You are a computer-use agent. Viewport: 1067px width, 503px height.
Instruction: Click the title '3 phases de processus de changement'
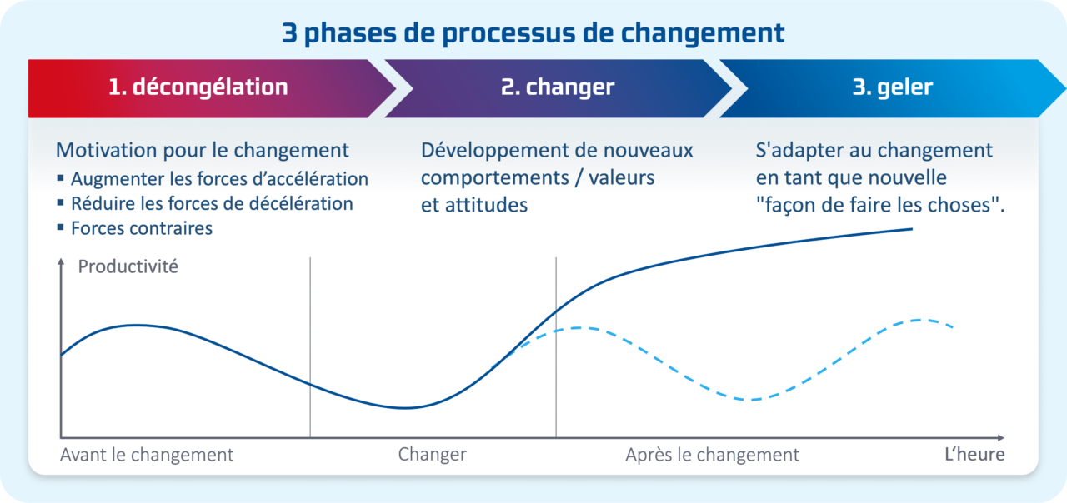(x=533, y=33)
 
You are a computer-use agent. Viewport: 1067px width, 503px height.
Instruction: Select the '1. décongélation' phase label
(x=198, y=87)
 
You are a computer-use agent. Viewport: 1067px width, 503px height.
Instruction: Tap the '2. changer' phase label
(x=558, y=87)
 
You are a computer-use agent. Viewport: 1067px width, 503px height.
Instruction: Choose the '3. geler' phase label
(x=893, y=87)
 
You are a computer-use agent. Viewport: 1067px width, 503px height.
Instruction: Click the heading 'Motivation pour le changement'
(x=203, y=151)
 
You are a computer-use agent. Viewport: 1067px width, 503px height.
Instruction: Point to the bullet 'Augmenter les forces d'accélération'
(x=219, y=178)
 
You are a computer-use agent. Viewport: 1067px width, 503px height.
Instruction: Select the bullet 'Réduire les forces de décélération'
(x=212, y=203)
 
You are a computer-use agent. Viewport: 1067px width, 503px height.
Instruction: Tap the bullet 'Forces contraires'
(x=142, y=228)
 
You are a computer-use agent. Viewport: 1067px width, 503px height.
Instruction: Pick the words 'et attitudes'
(x=474, y=205)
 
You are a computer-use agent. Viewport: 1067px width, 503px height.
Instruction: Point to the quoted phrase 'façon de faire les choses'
(x=879, y=205)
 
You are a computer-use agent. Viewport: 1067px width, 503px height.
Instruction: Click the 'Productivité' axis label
(x=128, y=268)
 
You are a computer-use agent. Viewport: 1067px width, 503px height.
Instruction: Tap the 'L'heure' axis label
(x=974, y=455)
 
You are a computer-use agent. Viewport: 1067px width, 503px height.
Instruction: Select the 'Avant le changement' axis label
(x=147, y=455)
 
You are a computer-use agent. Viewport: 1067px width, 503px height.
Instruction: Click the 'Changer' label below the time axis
(x=432, y=455)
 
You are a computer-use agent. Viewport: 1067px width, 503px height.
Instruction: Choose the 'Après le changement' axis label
(x=712, y=455)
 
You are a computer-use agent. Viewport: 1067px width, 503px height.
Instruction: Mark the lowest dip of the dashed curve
(x=750, y=400)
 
